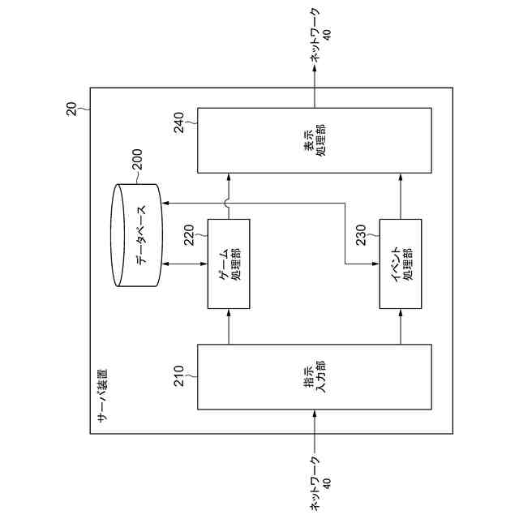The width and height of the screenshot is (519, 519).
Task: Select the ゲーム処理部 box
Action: tap(229, 264)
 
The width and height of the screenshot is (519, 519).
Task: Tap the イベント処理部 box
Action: tap(401, 264)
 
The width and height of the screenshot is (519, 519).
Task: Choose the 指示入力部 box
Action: tap(315, 379)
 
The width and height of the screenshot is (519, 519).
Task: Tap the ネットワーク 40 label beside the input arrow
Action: tap(320, 483)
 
